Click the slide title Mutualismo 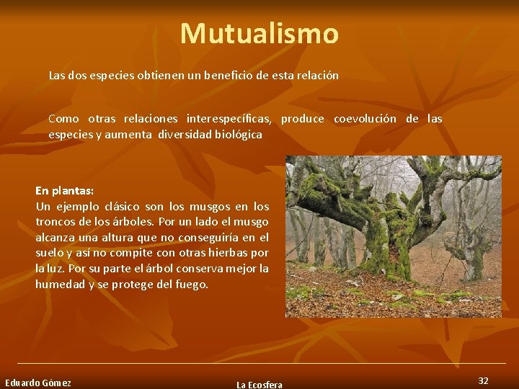point(259,34)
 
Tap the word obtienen point(156,75)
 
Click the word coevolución point(365,119)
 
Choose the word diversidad point(183,135)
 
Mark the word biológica point(237,135)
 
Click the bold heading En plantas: point(65,191)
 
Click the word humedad point(59,285)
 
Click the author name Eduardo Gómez point(38,383)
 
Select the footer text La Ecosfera point(259,385)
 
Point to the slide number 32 point(483,380)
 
